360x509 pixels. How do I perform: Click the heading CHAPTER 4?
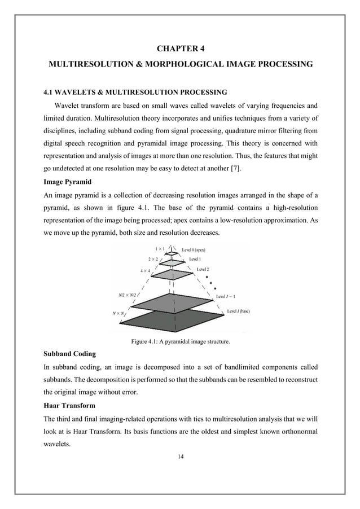tap(180, 48)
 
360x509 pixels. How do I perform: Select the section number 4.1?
tap(50, 91)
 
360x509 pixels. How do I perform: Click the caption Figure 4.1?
tap(180, 341)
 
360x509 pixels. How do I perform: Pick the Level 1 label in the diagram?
tap(195, 258)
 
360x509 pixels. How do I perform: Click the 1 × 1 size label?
tap(161, 248)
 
